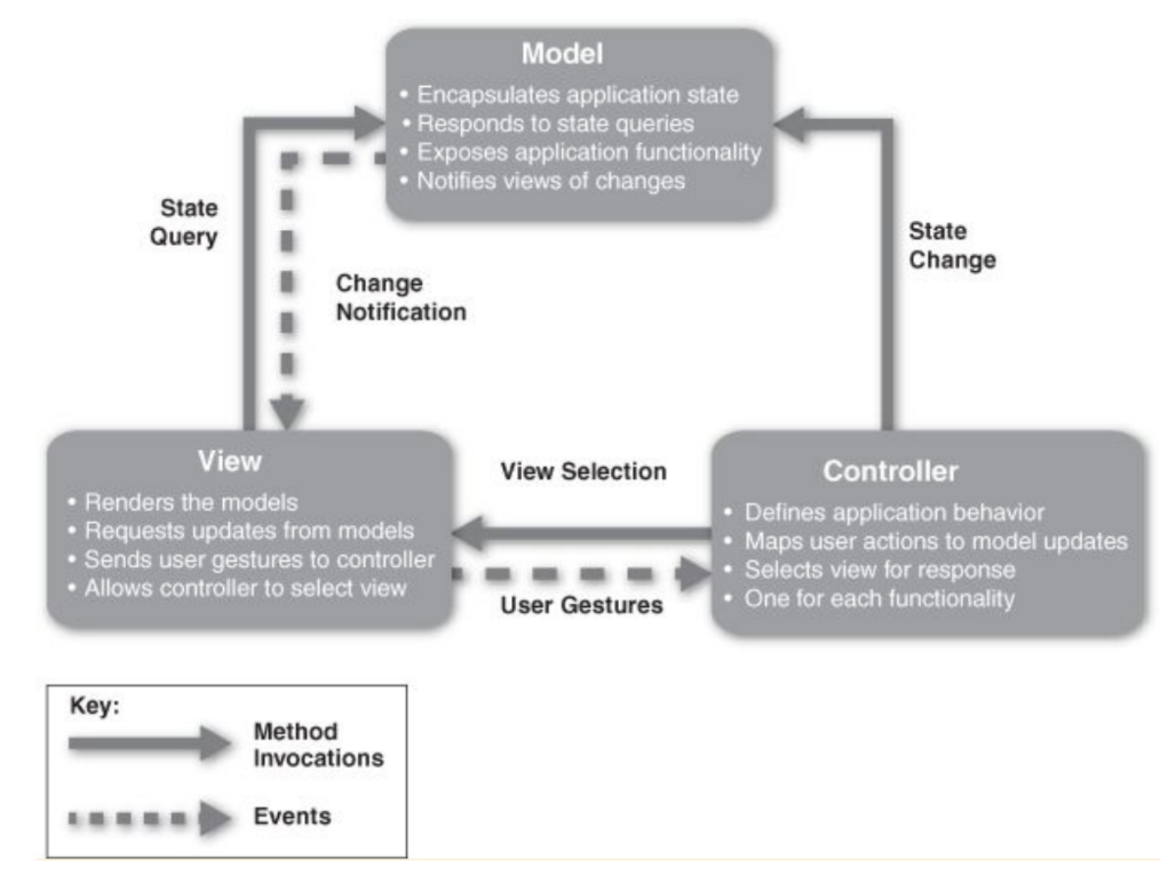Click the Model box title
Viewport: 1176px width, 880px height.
[x=562, y=53]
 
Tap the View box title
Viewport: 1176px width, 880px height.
[x=229, y=461]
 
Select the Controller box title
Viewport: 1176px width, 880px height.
[x=890, y=471]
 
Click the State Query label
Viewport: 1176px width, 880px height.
[x=185, y=222]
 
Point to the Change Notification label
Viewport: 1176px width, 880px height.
[x=401, y=297]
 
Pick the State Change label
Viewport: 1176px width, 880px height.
[x=952, y=245]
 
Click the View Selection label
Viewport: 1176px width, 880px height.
[x=583, y=471]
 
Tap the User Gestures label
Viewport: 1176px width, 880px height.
[x=581, y=605]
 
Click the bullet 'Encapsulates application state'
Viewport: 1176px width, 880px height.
[x=577, y=95]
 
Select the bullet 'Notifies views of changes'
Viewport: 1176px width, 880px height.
[x=550, y=181]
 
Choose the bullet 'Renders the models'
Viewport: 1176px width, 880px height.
[x=191, y=502]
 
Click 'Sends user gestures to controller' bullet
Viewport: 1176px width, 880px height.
[x=259, y=560]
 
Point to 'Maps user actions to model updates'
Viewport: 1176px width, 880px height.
[x=935, y=541]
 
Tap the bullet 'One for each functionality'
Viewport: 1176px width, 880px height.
[x=879, y=598]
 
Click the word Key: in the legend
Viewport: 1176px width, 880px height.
[x=94, y=705]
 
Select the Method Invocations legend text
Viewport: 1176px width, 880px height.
[x=317, y=744]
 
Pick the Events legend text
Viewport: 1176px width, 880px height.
[x=292, y=816]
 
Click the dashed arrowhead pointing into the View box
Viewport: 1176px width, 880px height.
[x=287, y=411]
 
